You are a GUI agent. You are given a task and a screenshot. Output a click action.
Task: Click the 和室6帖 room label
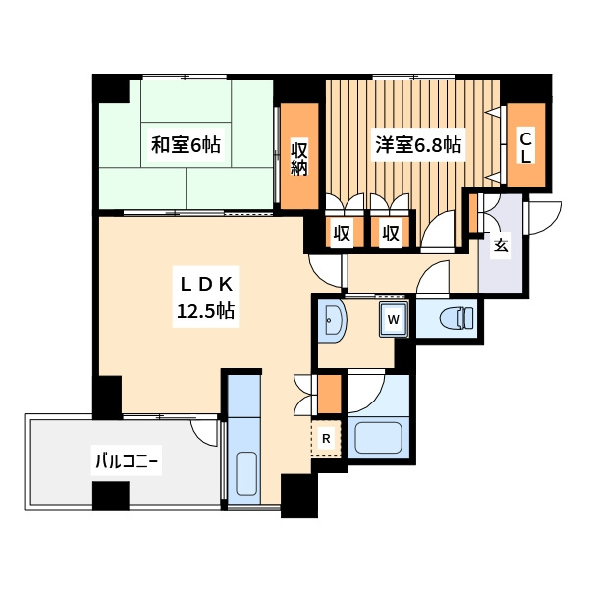click(x=186, y=146)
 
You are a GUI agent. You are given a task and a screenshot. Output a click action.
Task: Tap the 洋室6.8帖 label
click(x=418, y=145)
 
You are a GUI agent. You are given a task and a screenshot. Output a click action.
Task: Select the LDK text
click(x=205, y=285)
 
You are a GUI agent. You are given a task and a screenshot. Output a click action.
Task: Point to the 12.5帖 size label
click(x=205, y=313)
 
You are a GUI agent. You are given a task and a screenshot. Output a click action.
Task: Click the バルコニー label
click(x=127, y=462)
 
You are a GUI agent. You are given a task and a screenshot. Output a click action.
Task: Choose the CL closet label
click(x=526, y=147)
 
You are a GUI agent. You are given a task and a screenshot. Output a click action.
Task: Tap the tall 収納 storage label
click(x=300, y=158)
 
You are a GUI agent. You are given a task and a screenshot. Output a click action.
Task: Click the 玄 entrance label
click(x=501, y=244)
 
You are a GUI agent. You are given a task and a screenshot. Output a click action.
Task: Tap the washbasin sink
click(x=332, y=319)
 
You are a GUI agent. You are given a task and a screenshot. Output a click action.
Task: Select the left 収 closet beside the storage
click(x=342, y=234)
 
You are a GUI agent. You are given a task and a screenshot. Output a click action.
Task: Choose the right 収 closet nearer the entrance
click(x=391, y=234)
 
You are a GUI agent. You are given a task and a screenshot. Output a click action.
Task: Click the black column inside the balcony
click(x=110, y=496)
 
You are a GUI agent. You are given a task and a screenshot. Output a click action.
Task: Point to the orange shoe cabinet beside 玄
click(x=472, y=212)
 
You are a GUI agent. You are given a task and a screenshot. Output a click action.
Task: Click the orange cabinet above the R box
click(x=328, y=394)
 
